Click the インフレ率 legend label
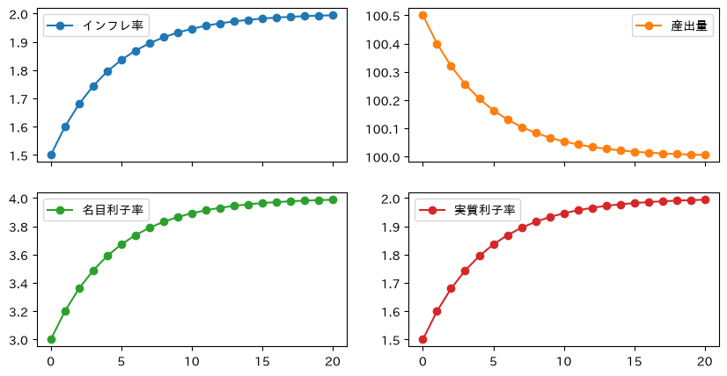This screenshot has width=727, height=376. pyautogui.click(x=113, y=26)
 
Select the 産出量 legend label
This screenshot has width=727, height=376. pyautogui.click(x=689, y=26)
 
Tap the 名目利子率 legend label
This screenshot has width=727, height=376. pyautogui.click(x=113, y=210)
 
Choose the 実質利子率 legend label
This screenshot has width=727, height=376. pyautogui.click(x=484, y=210)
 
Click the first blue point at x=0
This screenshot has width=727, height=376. pyautogui.click(x=51, y=155)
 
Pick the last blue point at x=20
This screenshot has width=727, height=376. pyautogui.click(x=333, y=15)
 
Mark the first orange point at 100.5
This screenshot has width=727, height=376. pyautogui.click(x=422, y=15)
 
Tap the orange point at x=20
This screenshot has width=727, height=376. pyautogui.click(x=705, y=155)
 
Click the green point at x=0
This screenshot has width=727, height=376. pyautogui.click(x=51, y=339)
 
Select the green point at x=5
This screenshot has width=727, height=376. pyautogui.click(x=122, y=244)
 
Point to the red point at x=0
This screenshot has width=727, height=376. pyautogui.click(x=422, y=339)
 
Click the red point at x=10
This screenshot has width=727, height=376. pyautogui.click(x=564, y=214)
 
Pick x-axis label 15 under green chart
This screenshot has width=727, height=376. pyautogui.click(x=262, y=361)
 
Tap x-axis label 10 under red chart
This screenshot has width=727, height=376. pyautogui.click(x=564, y=361)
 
